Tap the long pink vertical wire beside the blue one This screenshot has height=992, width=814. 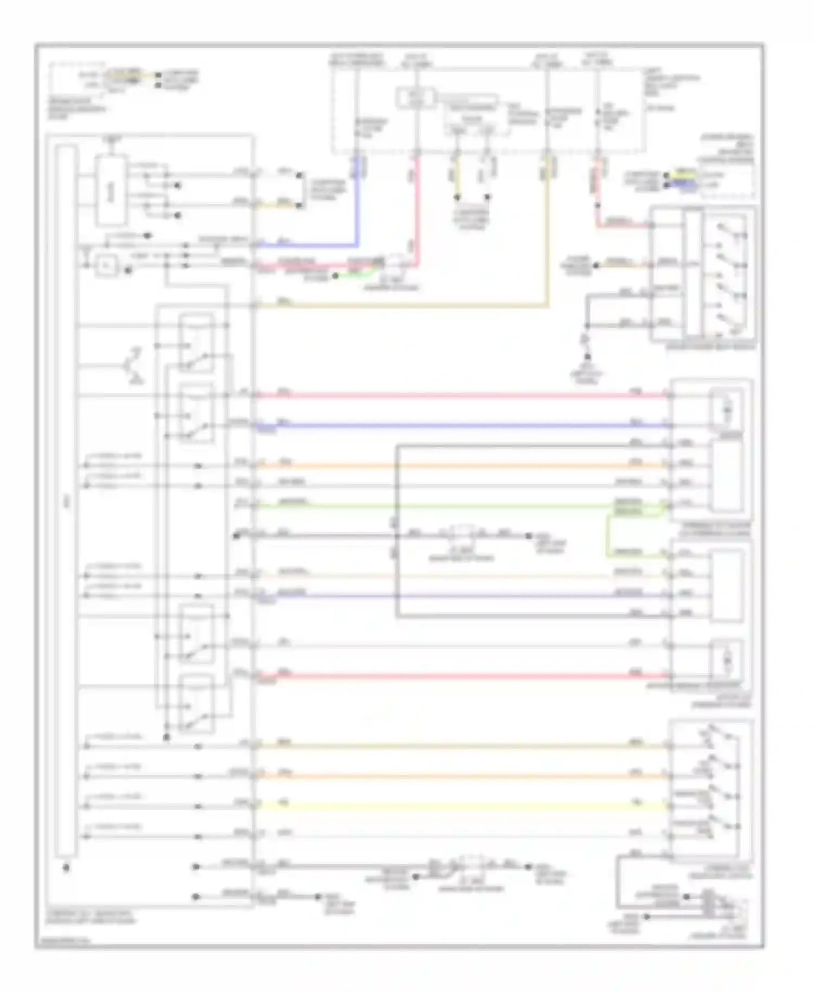417,217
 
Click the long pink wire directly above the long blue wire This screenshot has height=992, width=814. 461,396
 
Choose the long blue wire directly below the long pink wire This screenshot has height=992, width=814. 461,426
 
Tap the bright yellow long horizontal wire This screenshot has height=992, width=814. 461,807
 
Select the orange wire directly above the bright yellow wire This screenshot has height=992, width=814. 461,777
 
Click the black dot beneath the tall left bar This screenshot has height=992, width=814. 66,868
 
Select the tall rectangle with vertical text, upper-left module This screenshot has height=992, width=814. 111,190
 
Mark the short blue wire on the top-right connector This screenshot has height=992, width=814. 685,186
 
